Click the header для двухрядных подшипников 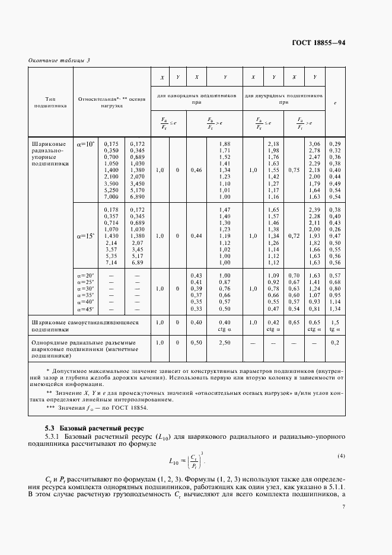[x=284, y=98]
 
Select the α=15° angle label [x=85, y=235]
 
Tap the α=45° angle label [x=85, y=308]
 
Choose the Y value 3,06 [x=314, y=144]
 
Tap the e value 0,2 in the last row [x=334, y=343]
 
